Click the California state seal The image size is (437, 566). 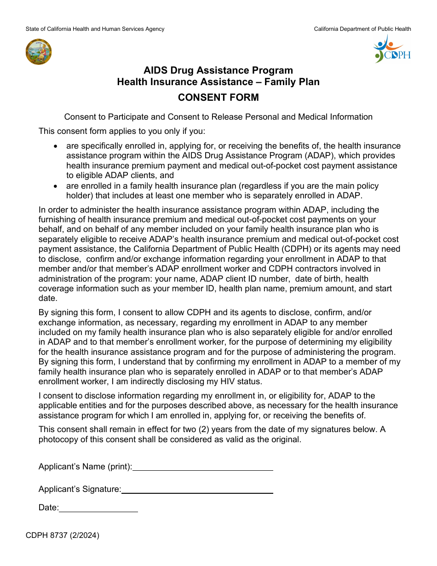coord(39,52)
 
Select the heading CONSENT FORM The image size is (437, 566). coord(218,98)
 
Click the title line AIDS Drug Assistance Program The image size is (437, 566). coord(218,70)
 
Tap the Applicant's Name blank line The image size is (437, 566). coord(203,468)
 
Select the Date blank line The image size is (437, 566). coord(98,509)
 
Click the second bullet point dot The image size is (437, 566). coord(56,186)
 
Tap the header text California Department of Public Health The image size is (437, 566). coord(362,29)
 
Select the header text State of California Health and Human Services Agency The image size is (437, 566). coord(95,29)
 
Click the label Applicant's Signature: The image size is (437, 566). coord(80,489)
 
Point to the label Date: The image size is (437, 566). coord(48,508)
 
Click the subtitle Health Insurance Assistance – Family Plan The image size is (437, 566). coord(218,82)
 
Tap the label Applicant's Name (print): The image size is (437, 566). coord(85,467)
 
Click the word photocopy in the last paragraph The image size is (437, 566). coord(59,439)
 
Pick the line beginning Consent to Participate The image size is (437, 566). coord(218,117)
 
